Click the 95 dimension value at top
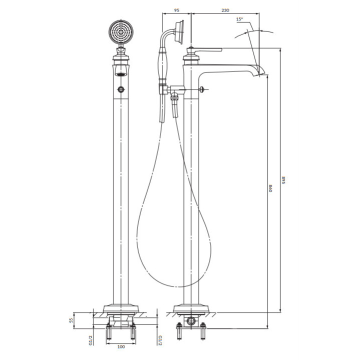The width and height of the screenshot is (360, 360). pyautogui.click(x=176, y=10)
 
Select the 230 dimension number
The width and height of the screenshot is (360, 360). pyautogui.click(x=225, y=10)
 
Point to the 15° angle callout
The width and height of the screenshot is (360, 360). pyautogui.click(x=239, y=19)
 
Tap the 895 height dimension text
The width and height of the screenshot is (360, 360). pyautogui.click(x=283, y=180)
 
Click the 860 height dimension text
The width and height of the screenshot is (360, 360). pyautogui.click(x=270, y=188)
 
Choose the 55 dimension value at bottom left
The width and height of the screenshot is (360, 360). pyautogui.click(x=71, y=320)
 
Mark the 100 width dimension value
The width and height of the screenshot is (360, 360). pyautogui.click(x=121, y=346)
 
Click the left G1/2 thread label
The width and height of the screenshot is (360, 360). pyautogui.click(x=90, y=340)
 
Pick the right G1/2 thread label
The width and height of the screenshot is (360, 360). pyautogui.click(x=160, y=340)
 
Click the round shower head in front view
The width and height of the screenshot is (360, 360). pyautogui.click(x=121, y=32)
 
